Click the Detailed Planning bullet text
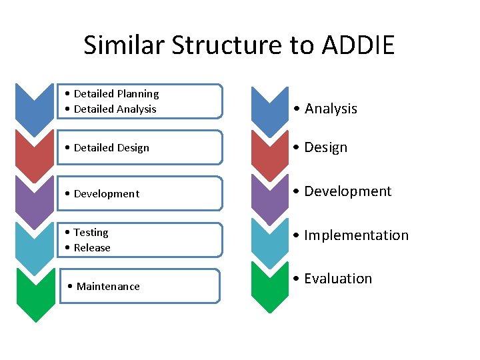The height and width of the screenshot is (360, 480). (x=116, y=94)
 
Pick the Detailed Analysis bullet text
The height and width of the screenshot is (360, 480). (x=115, y=109)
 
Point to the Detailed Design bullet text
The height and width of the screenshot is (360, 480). (x=111, y=147)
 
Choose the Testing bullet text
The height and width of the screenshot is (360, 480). (x=91, y=233)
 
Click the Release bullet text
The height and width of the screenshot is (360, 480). (x=92, y=247)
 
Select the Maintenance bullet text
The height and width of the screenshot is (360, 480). (x=107, y=287)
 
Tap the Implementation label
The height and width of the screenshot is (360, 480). (x=356, y=235)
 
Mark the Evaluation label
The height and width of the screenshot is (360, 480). (x=338, y=279)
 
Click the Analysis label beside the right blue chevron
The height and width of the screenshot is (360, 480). (x=331, y=109)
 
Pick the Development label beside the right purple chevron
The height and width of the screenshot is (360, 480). (x=347, y=191)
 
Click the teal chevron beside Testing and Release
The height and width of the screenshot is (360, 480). (x=35, y=245)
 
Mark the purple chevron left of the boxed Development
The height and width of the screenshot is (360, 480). (x=35, y=198)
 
